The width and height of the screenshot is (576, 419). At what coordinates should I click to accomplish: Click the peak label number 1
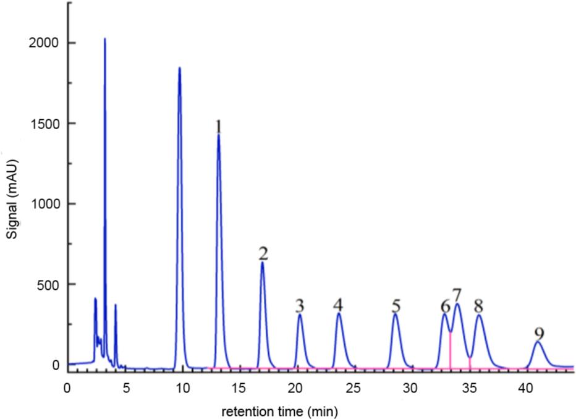tap(218, 126)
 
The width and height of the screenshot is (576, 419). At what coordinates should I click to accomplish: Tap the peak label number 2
tap(263, 253)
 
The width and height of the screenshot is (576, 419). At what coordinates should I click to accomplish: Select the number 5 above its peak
tap(396, 305)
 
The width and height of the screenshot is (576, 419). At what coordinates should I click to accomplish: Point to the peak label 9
tap(540, 332)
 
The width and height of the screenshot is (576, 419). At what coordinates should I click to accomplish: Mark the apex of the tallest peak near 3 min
tap(104, 39)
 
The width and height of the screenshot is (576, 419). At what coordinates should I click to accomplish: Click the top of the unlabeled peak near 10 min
tap(179, 68)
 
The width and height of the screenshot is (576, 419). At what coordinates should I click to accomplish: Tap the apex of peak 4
tap(339, 314)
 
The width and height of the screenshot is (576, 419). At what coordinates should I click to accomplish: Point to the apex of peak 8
tap(478, 316)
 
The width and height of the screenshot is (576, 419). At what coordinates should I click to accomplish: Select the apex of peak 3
tap(300, 315)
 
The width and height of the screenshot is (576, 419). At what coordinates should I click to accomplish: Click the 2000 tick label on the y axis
tap(47, 43)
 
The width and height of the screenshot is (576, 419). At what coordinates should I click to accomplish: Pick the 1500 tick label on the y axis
tap(47, 124)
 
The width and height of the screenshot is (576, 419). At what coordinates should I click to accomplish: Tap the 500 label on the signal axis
tap(50, 284)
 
